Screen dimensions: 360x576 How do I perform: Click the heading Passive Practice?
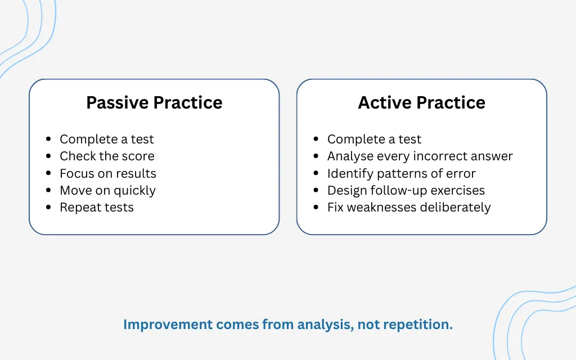coord(154,102)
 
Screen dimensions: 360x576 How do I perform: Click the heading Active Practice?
coord(421,102)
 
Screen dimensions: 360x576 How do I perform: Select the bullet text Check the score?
coord(107,156)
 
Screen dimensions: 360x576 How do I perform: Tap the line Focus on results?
coord(108,173)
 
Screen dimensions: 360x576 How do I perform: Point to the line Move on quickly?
coord(107,190)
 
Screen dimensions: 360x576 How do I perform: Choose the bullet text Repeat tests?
coord(97,207)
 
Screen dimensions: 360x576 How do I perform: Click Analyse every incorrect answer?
coord(420,156)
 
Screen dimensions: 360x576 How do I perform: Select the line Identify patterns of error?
coord(401,173)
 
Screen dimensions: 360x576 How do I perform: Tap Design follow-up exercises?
coord(406,190)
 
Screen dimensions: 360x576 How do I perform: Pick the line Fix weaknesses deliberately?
coord(409,207)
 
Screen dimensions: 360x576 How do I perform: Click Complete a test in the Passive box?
coord(106,139)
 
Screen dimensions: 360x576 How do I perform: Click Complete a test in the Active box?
coord(374,139)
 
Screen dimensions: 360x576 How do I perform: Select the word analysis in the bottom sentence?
coord(326,325)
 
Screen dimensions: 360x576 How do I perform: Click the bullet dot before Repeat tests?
coord(49,208)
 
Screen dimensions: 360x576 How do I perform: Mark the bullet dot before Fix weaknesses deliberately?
coord(317,208)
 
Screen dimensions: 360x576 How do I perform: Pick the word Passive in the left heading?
coord(118,102)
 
